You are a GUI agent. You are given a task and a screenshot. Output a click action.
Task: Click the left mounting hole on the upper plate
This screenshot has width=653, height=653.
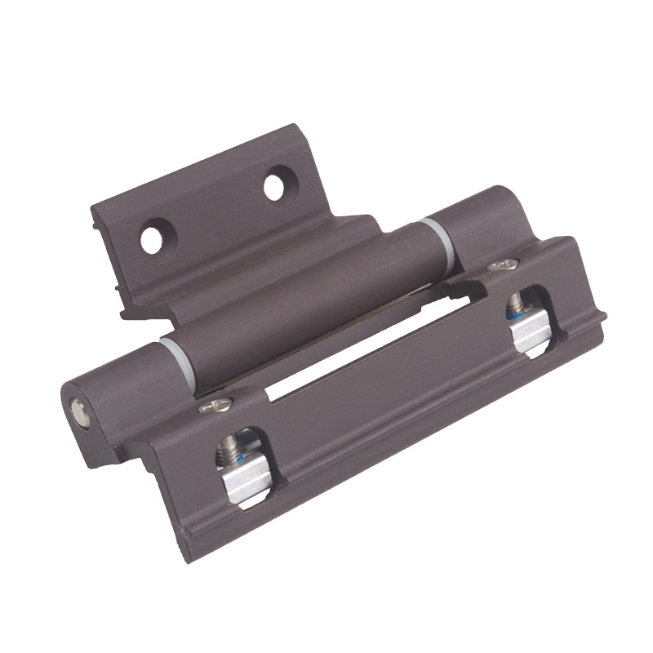tap(151, 239)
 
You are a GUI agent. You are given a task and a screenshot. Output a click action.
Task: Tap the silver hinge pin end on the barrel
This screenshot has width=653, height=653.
tap(78, 414)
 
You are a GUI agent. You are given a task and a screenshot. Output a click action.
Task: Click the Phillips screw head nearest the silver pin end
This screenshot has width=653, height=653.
tap(216, 404)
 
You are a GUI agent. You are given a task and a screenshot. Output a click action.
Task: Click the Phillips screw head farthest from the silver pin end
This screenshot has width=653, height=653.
tap(503, 265)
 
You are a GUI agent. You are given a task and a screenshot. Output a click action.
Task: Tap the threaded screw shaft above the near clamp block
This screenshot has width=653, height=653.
tap(229, 448)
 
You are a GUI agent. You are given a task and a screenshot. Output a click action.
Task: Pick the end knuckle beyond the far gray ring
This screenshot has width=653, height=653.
tap(482, 220)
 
